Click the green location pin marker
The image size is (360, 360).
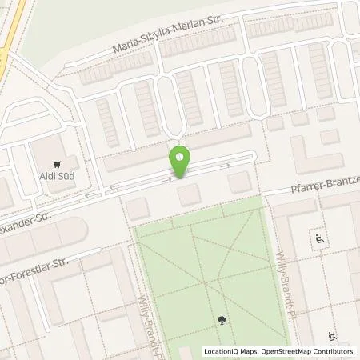[x=181, y=161]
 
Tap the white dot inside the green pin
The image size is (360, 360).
[x=181, y=155]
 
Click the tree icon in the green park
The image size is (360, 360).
[x=220, y=322]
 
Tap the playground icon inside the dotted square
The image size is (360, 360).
[x=318, y=238]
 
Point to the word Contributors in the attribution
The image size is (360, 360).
[x=334, y=350]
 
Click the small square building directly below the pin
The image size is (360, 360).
[x=189, y=193]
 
